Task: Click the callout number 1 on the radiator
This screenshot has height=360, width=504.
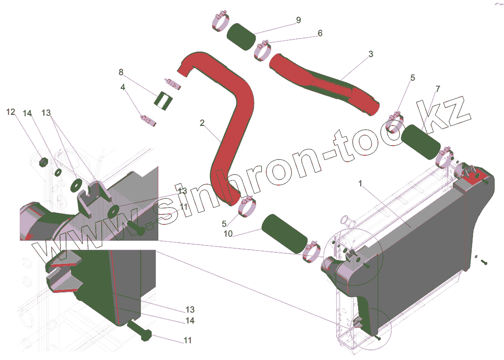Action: point(361,184)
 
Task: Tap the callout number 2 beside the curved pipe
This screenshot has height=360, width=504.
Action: point(202,123)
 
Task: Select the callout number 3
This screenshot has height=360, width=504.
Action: point(370,54)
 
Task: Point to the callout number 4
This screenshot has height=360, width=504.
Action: point(123,87)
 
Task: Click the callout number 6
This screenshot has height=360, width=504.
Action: point(320,33)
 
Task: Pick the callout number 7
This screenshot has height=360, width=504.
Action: point(438,88)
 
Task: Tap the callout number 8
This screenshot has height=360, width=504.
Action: point(121,72)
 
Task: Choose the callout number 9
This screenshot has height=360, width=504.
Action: point(298,20)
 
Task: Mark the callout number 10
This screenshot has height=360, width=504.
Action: point(228,234)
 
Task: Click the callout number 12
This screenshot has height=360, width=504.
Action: point(11,112)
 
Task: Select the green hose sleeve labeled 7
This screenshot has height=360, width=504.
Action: point(420,142)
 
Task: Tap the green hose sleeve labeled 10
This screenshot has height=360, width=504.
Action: point(284,233)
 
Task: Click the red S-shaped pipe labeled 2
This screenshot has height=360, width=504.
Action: point(231,128)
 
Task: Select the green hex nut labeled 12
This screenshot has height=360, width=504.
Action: point(44,162)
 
